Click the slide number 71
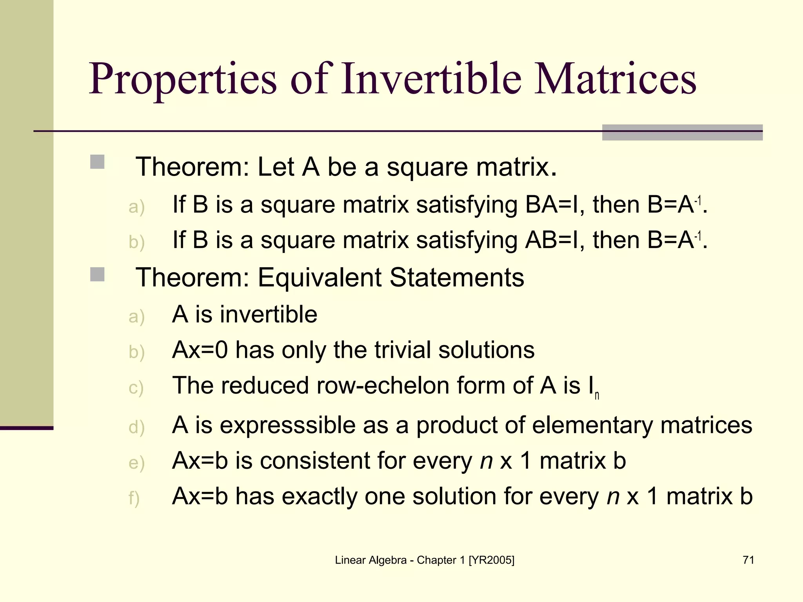(x=748, y=560)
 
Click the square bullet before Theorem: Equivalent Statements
(x=97, y=274)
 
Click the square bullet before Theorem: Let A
(x=97, y=162)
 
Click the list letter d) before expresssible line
(x=136, y=427)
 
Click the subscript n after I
(x=597, y=396)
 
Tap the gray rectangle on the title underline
(x=682, y=132)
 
